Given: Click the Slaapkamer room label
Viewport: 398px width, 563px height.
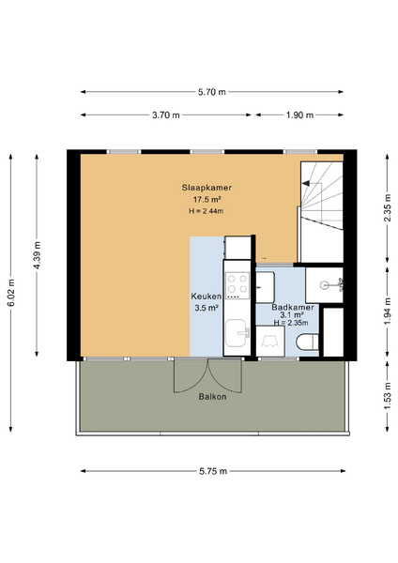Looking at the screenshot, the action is tap(207, 188).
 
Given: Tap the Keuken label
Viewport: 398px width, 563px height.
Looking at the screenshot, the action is tap(206, 297).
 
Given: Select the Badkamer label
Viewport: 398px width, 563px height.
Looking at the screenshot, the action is tap(292, 308).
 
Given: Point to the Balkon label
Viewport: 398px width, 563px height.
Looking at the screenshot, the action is tap(213, 397).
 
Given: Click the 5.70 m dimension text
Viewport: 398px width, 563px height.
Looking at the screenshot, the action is tap(212, 92).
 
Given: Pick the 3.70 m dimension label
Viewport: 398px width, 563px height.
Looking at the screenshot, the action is tap(166, 115).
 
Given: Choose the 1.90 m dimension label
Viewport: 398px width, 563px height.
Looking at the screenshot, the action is tap(300, 115).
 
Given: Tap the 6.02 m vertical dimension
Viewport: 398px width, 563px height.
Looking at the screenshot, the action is tap(11, 293).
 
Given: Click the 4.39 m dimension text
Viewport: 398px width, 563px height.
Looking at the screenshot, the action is tap(37, 255).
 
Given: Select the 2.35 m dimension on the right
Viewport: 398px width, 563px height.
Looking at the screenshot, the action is tap(388, 208).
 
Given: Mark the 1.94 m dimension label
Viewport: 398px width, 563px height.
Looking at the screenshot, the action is tap(388, 312).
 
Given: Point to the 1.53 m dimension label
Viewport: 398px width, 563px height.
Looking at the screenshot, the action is tap(388, 396).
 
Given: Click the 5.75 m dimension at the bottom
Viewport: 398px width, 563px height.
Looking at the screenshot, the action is tap(213, 471).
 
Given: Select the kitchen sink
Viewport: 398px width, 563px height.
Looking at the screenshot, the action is tap(237, 333).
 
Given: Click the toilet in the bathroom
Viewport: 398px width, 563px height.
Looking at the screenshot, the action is tap(308, 342).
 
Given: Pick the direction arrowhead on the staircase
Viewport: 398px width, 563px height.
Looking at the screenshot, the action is tap(306, 184).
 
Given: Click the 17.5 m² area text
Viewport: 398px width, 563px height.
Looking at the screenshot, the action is tap(207, 200).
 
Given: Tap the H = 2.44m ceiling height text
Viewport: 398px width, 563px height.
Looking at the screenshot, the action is tap(207, 211).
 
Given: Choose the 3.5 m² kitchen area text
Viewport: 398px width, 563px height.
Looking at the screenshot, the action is tap(207, 308).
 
